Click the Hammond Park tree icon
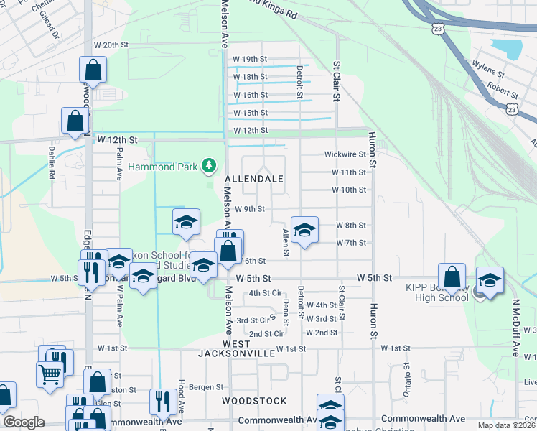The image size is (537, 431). (x=209, y=167)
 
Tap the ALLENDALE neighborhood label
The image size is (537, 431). (x=254, y=178)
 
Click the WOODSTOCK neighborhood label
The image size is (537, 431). (x=254, y=401)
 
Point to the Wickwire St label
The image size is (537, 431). (x=345, y=154)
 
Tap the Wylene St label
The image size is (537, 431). (x=489, y=74)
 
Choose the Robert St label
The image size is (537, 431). (x=503, y=93)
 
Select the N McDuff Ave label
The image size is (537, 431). (x=515, y=327)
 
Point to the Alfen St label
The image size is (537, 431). (x=286, y=242)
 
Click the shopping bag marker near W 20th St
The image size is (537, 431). (x=93, y=70)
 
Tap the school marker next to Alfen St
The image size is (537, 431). (x=304, y=231)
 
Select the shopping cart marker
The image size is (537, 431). (x=49, y=373)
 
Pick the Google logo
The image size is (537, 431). (x=24, y=422)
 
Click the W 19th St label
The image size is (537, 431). (x=250, y=59)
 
